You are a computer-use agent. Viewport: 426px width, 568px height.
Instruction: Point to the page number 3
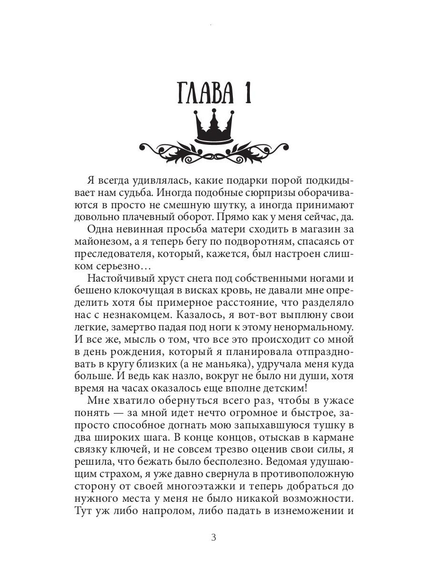pos(213,538)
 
